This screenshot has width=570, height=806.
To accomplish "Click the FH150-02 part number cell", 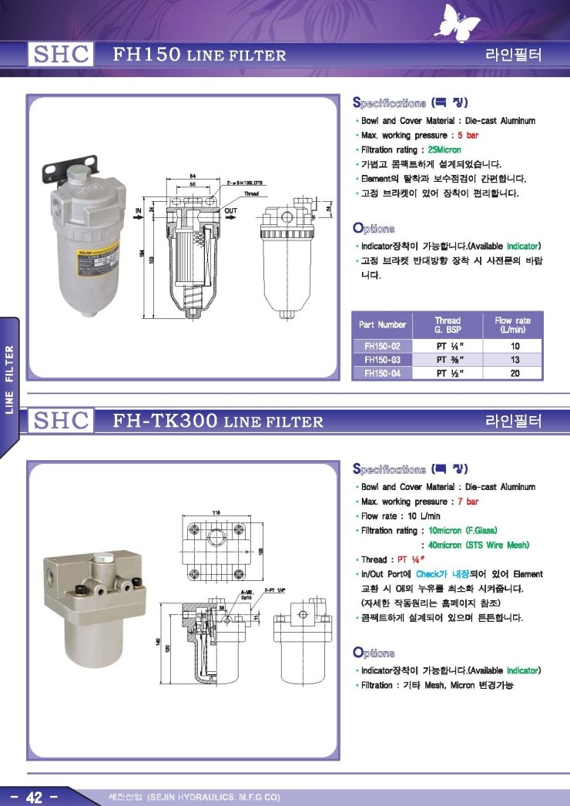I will click(x=382, y=347).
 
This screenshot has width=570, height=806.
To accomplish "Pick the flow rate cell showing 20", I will click(x=514, y=373).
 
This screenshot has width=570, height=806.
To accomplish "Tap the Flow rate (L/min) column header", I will click(x=513, y=324).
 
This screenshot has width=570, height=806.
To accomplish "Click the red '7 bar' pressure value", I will click(x=468, y=502).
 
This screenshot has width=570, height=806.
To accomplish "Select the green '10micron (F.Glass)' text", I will click(x=463, y=531).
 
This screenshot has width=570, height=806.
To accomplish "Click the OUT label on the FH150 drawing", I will click(x=230, y=210).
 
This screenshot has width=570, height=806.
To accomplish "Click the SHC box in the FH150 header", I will click(x=61, y=55).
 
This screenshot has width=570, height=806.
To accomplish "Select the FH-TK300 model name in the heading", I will click(x=164, y=421).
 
